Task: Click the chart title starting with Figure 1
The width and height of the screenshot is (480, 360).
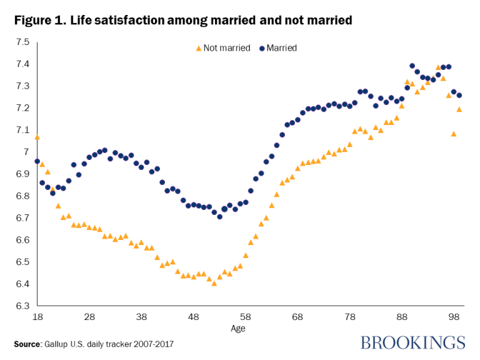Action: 183,20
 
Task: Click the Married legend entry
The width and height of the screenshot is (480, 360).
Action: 276,47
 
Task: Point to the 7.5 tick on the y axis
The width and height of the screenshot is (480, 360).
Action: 22,42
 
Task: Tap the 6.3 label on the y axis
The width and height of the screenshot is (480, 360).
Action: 22,306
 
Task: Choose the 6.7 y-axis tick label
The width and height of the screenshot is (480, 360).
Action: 22,218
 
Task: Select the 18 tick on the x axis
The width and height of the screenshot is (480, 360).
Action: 37,317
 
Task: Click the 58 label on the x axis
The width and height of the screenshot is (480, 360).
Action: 246,317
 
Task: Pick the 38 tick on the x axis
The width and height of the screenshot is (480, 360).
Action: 141,317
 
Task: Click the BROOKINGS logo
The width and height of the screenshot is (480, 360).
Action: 413,342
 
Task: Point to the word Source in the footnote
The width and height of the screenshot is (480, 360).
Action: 27,344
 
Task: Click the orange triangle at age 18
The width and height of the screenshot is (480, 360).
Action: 37,137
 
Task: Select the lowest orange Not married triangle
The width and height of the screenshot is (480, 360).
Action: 214,283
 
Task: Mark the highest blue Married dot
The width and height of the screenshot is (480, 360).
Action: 412,66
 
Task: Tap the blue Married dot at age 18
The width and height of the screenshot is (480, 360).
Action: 37,161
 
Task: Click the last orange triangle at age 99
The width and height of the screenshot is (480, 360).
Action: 459,109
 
